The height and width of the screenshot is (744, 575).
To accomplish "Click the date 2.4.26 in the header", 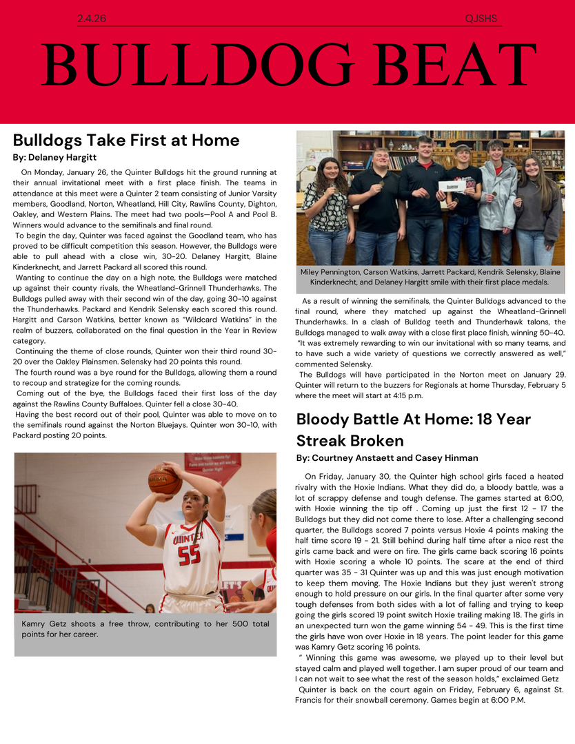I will [x=91, y=19].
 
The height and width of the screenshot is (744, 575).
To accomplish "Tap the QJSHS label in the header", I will [x=481, y=19].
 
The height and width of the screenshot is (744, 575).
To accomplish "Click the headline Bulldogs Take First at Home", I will [x=126, y=141].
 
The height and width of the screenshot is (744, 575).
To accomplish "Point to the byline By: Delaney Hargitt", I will [x=54, y=158].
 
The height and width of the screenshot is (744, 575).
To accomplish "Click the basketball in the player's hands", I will [x=164, y=480].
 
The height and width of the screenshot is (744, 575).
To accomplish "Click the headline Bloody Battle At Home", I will [x=413, y=429].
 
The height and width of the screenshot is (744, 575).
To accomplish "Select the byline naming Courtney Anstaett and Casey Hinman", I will [x=387, y=457].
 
